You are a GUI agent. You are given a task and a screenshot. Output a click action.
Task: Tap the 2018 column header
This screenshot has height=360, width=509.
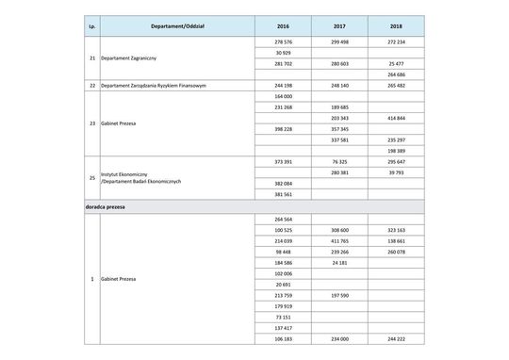396,26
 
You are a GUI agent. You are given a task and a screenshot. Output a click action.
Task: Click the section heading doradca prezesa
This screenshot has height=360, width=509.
107,205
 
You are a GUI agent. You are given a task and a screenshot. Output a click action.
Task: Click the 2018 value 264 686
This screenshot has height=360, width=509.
396,74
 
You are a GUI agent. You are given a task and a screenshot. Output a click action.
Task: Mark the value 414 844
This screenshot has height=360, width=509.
396,118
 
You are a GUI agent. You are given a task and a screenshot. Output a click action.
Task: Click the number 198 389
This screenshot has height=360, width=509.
396,150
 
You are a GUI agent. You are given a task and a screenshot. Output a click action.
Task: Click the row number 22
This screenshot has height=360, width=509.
90,86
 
